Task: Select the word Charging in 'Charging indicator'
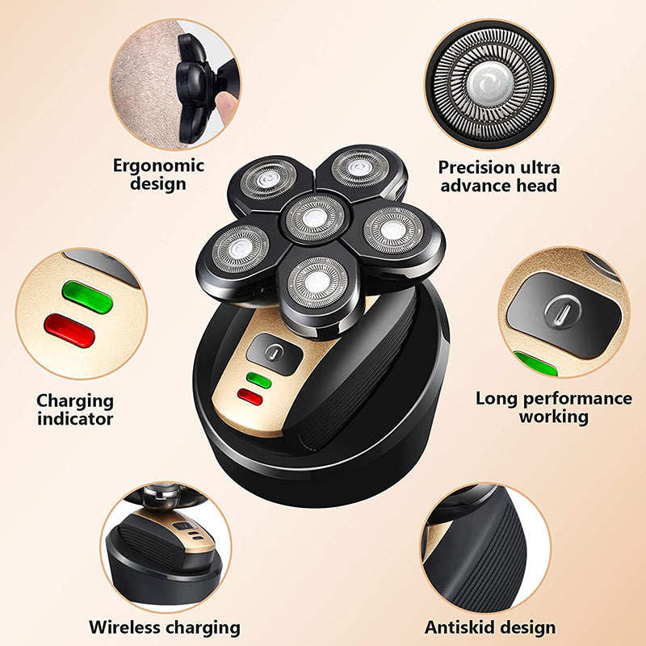pyautogui.click(x=75, y=401)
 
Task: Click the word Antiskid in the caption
pyautogui.click(x=459, y=627)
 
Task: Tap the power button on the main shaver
pyautogui.click(x=274, y=352)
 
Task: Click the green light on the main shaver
pyautogui.click(x=258, y=379)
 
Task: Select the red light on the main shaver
pyautogui.click(x=250, y=396)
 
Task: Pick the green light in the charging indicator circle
pyautogui.click(x=87, y=296)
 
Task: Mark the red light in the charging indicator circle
pyautogui.click(x=69, y=330)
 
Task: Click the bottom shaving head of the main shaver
pyautogui.click(x=315, y=282)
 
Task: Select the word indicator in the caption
pyautogui.click(x=75, y=418)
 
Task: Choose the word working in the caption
pyautogui.click(x=553, y=417)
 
